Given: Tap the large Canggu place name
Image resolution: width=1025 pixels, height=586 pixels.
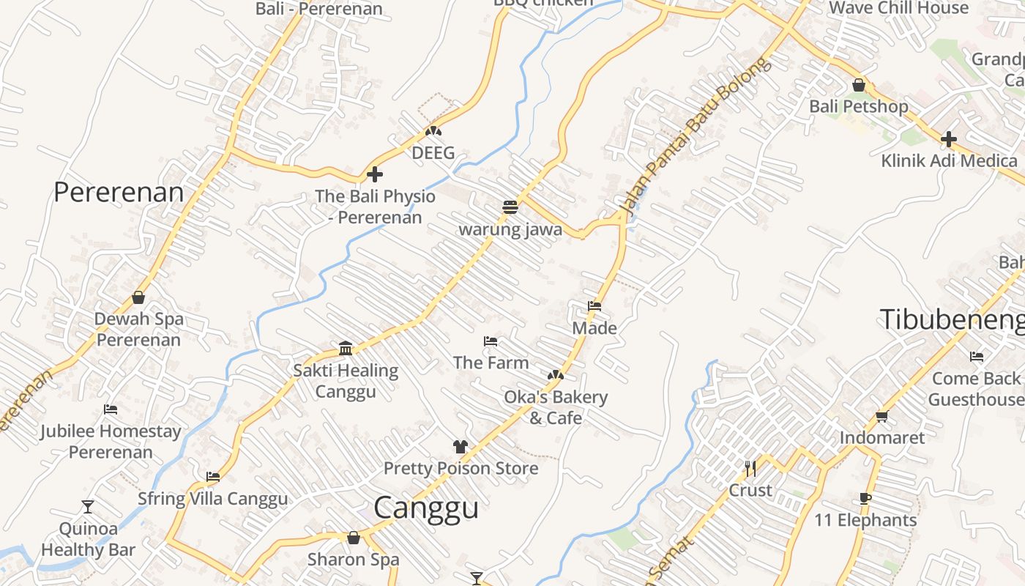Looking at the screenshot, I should point(426,508).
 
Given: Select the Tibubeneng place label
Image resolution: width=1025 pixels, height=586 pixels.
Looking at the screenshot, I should point(952,319).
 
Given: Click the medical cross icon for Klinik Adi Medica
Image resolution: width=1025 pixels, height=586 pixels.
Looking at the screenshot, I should point(949,138).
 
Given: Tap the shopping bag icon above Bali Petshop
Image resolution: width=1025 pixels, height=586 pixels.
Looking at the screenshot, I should point(859,85).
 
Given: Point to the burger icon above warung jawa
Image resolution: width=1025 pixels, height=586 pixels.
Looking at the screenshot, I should point(510,207).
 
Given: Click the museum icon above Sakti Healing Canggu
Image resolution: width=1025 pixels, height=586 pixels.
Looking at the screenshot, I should point(346,348).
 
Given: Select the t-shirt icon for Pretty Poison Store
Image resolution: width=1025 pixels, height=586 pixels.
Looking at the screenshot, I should point(460,446).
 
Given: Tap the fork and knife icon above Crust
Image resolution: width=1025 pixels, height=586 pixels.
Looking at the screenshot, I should point(750,469).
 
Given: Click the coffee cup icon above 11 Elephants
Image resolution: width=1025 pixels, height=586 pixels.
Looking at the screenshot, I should point(865,499).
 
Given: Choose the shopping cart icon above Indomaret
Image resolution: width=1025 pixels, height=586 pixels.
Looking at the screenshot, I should point(881,416).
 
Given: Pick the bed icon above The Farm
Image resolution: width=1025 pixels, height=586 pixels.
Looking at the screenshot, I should point(491,341).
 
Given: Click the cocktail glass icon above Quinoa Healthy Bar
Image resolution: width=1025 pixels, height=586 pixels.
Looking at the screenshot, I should point(88,506).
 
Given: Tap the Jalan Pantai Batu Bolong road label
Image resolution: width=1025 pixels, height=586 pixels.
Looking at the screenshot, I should point(696,138).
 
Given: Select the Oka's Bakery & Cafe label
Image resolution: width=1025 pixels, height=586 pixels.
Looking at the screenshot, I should point(556,407).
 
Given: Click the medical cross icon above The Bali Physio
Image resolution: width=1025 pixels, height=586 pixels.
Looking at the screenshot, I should point(374,174).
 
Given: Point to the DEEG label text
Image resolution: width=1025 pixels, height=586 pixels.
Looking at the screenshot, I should point(433,153).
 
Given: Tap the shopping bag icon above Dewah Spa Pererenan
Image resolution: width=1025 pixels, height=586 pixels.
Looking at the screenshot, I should point(138,297).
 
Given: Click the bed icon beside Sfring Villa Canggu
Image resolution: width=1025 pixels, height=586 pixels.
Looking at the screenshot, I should point(213,476).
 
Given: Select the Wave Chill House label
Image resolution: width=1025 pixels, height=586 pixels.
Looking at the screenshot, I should point(898,8).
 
